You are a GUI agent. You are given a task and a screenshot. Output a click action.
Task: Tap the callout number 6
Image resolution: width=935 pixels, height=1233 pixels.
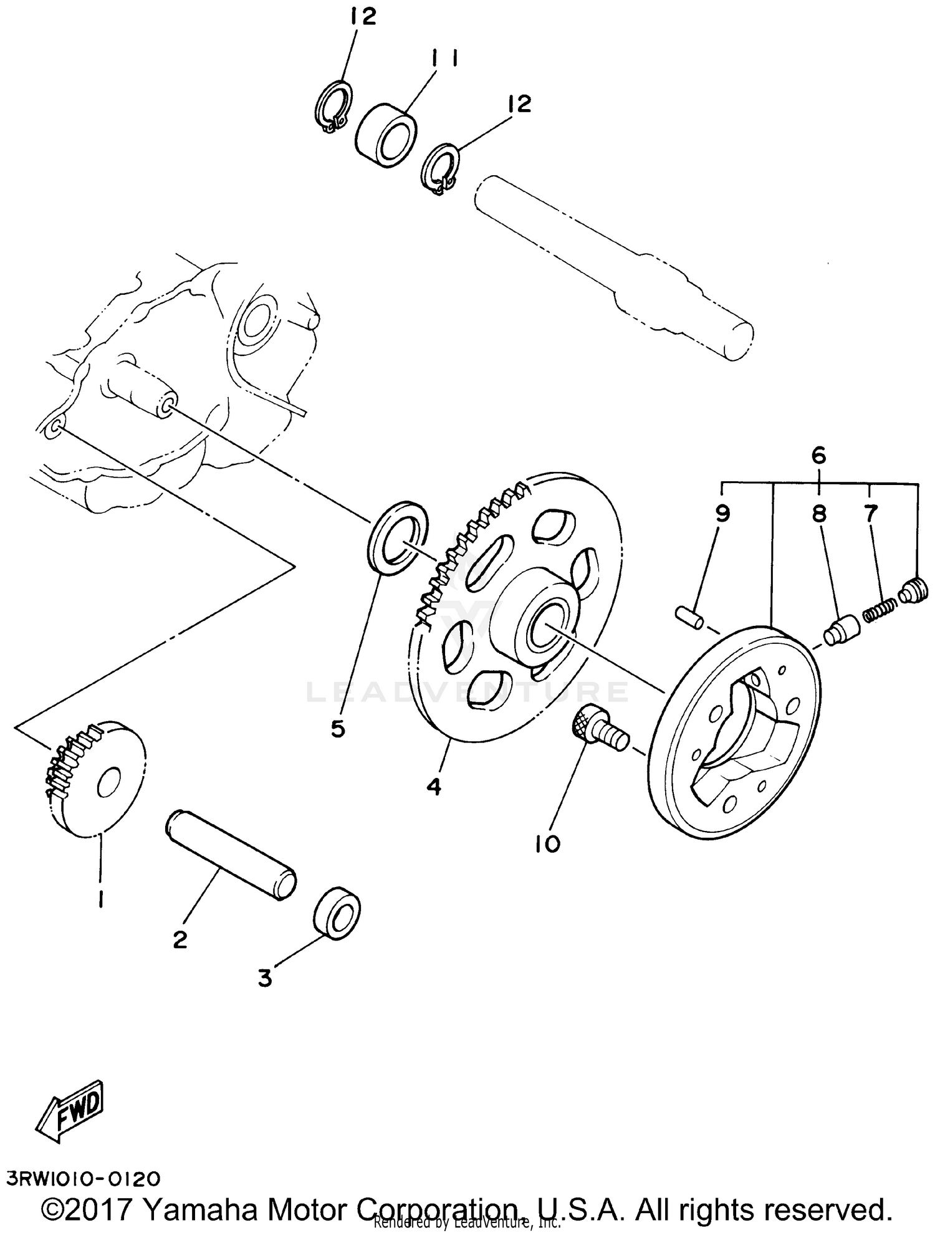click(x=819, y=456)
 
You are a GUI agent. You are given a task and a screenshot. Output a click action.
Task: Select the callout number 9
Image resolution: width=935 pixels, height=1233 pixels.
click(x=722, y=514)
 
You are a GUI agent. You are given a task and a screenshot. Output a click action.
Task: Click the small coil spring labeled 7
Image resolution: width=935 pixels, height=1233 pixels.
click(x=880, y=608)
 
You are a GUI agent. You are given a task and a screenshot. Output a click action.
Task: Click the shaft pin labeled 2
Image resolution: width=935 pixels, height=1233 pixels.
click(x=231, y=855)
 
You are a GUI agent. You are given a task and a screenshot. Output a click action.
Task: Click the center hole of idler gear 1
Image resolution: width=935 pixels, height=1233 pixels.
click(x=110, y=784)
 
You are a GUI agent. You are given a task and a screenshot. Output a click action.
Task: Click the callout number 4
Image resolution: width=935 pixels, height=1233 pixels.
click(x=434, y=786)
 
